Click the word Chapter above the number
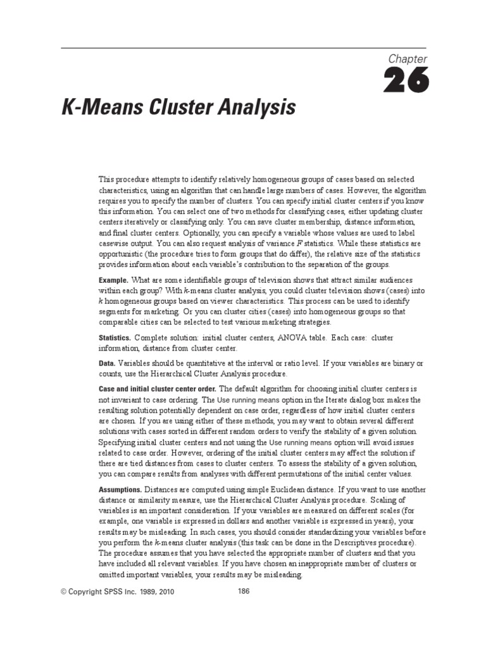[x=408, y=59]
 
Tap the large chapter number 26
[x=406, y=82]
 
